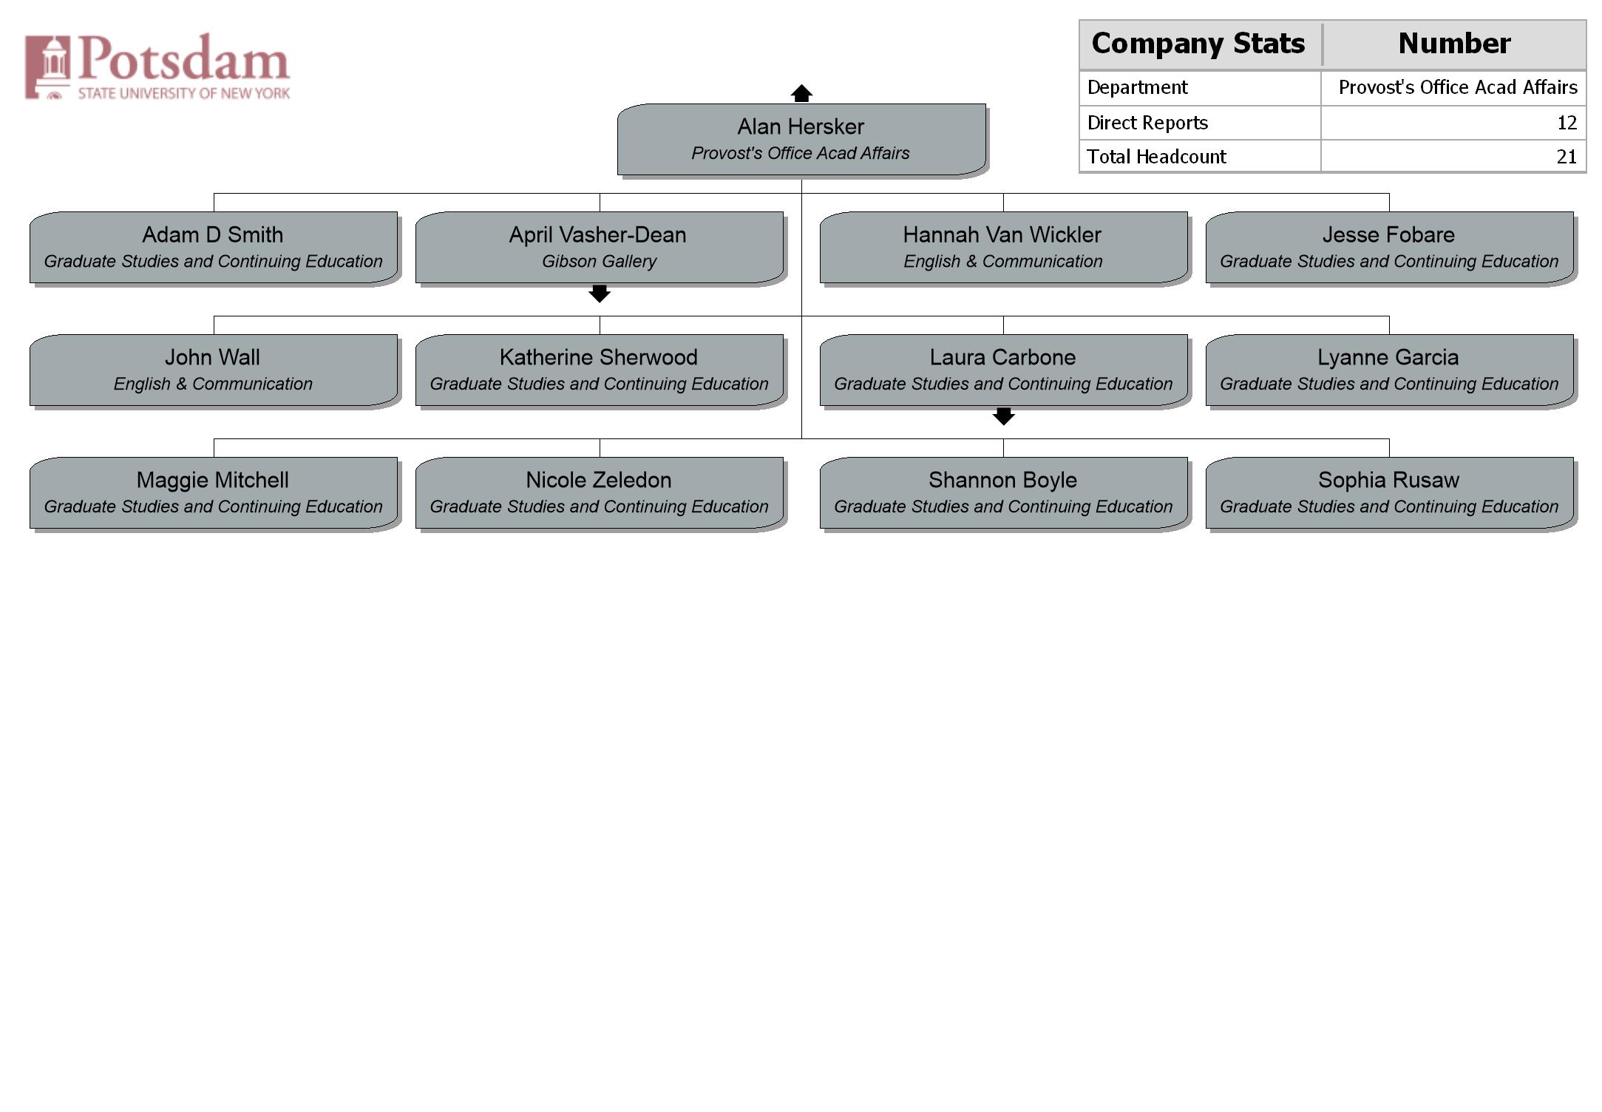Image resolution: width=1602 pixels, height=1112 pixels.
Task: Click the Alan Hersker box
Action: (801, 140)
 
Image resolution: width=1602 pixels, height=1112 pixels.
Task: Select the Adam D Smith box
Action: (214, 248)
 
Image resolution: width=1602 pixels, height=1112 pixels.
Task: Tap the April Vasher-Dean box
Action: (600, 248)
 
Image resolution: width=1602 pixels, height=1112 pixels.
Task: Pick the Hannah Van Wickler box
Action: (1004, 248)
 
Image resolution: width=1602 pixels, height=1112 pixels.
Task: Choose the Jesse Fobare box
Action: (1390, 248)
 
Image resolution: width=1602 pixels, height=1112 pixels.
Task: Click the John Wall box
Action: (214, 370)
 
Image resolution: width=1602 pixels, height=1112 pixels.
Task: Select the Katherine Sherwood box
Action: (600, 370)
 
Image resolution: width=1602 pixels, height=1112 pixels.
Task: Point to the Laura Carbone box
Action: (1004, 370)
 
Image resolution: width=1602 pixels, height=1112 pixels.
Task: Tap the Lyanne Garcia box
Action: (1390, 370)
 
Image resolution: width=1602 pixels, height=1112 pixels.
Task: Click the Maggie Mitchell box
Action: (214, 493)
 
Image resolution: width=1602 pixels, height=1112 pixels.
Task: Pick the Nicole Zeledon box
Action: (600, 493)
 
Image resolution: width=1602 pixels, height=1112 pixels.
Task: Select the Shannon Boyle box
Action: (1004, 493)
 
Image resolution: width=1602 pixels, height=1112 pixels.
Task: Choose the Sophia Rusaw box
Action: (1390, 493)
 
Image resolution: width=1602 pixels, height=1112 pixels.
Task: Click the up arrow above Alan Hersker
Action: (801, 93)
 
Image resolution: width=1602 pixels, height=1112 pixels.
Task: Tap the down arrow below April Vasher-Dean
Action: (600, 294)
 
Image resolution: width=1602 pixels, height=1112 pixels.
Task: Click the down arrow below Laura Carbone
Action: (1003, 416)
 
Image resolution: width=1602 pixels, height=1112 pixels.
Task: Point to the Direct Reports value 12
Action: (1567, 123)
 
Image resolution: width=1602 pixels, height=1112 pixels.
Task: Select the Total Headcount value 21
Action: (1567, 157)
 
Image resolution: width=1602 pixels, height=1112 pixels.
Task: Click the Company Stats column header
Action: (1198, 44)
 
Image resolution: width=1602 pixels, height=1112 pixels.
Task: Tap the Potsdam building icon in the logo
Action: (48, 67)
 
